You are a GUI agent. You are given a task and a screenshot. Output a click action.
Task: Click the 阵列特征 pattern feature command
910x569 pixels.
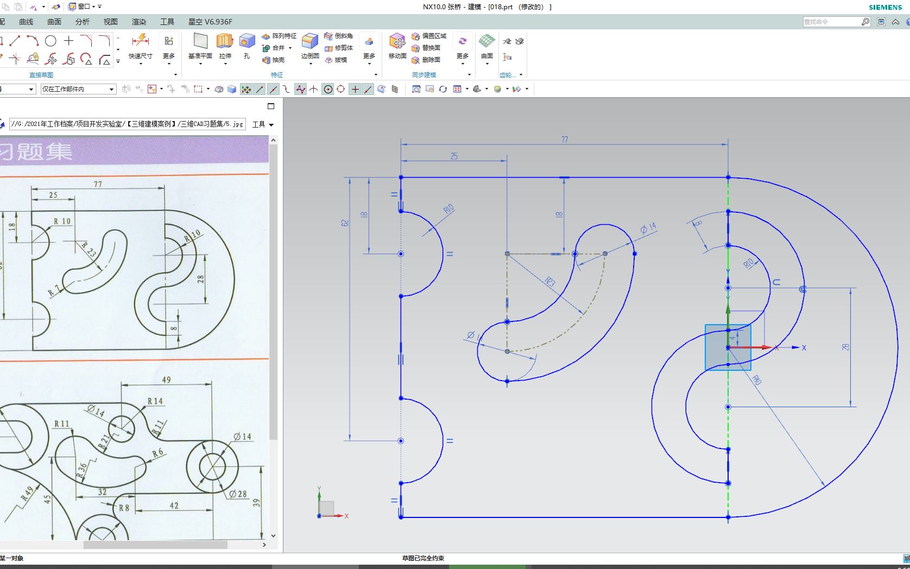(x=279, y=36)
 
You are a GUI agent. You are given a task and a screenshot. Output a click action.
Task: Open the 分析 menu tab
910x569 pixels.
(x=83, y=22)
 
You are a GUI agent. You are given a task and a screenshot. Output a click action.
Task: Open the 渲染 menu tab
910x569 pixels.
(x=139, y=22)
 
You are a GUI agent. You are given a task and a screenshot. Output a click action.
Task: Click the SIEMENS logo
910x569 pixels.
(x=885, y=7)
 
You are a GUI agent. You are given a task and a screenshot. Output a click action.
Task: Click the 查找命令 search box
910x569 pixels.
(x=831, y=22)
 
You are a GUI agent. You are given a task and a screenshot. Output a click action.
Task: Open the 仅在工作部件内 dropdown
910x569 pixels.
(x=79, y=89)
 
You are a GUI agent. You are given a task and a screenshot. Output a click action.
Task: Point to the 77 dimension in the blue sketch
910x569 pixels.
(x=565, y=140)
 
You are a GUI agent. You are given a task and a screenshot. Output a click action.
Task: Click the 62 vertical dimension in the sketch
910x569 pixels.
(x=345, y=223)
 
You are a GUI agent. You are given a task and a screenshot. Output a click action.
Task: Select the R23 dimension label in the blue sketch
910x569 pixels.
(x=550, y=281)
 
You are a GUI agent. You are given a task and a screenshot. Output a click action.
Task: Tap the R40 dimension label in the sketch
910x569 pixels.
(x=757, y=380)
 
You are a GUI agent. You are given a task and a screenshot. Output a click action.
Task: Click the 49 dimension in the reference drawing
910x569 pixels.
(x=166, y=380)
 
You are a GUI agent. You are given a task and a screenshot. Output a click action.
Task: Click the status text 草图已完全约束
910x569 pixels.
(x=423, y=558)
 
